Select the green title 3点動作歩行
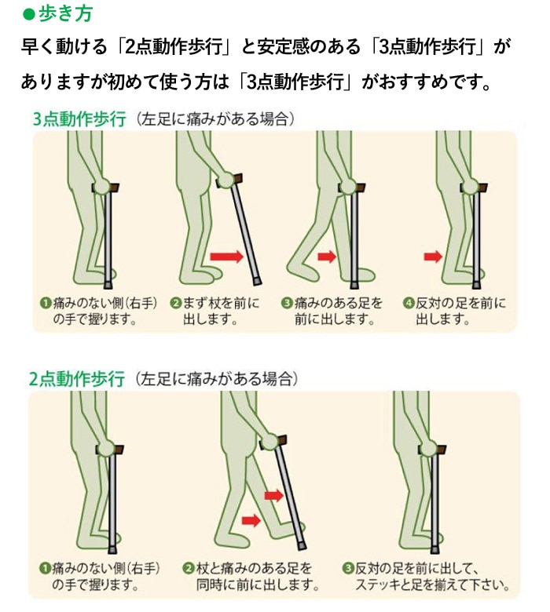coord(79,119)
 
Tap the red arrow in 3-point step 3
coord(326,256)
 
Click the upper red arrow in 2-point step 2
coord(273,495)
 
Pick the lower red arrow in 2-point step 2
coord(251,519)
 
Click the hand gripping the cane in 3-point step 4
coord(470,186)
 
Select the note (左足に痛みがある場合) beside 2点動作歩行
coord(215,379)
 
